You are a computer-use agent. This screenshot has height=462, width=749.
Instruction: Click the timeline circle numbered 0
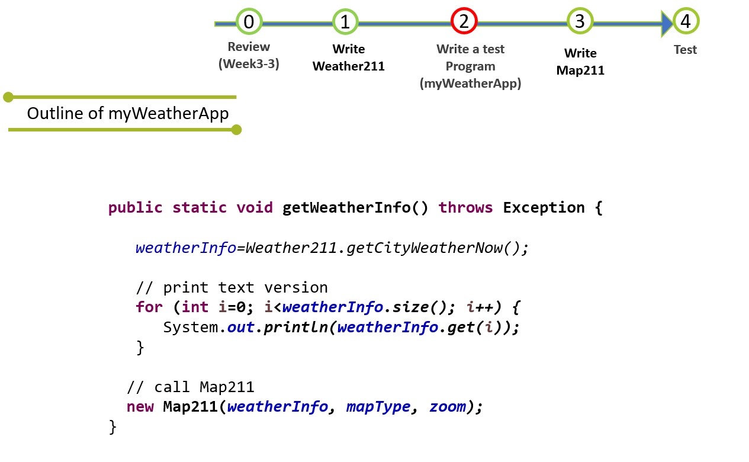pos(249,22)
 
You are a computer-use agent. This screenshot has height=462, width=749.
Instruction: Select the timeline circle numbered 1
pos(345,22)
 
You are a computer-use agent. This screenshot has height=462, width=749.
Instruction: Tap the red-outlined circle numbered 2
pos(464,21)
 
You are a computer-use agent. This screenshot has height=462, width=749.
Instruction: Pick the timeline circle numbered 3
pos(580,21)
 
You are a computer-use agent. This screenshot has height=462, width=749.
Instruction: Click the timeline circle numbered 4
pos(686,21)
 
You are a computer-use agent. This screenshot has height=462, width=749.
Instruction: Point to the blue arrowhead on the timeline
pos(667,23)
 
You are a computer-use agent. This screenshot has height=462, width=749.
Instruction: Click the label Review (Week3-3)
pos(249,55)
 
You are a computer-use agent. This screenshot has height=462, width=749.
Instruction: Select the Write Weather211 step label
pos(349,57)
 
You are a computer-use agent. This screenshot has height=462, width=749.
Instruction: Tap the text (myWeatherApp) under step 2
pos(470,84)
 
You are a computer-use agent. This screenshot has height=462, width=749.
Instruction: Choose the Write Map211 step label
pos(580,62)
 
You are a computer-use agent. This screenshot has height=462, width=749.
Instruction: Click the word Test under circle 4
pos(685,50)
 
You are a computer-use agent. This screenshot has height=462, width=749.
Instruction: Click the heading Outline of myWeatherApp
pos(128,113)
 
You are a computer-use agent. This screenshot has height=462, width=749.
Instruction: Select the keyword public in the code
pos(135,208)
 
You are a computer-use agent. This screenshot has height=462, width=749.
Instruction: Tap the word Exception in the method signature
pos(544,208)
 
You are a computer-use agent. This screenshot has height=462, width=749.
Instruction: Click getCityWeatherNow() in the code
pos(437,248)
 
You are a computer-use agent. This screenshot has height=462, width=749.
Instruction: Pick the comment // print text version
pos(232,287)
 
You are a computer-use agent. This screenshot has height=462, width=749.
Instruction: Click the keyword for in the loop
pos(149,307)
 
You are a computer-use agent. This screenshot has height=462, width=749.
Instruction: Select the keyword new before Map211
pos(140,407)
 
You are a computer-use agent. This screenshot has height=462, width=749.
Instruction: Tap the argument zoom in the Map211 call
pos(447,407)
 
